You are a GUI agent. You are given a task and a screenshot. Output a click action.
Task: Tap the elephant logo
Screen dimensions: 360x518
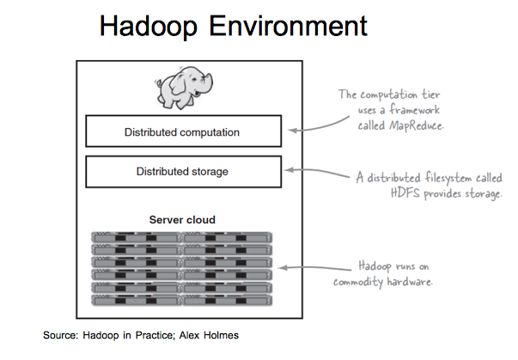188,86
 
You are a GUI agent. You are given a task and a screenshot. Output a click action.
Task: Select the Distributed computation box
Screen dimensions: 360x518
182,132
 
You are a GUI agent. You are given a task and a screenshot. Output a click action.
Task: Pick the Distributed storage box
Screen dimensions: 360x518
182,171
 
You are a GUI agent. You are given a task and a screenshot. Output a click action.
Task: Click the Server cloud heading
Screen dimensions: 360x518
182,219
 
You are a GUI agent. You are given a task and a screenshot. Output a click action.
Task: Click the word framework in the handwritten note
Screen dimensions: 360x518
422,109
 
